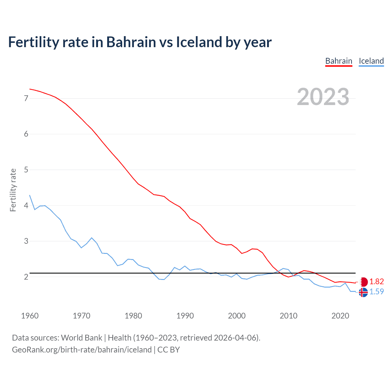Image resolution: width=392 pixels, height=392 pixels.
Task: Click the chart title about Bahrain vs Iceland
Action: (140, 42)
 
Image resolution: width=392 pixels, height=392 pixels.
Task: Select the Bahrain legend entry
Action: (339, 61)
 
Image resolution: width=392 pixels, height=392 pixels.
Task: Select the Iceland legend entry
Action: (371, 61)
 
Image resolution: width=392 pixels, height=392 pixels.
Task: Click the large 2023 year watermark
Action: (323, 97)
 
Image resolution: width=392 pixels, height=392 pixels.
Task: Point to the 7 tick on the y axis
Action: (26, 98)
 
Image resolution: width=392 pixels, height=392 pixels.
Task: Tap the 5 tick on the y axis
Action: (26, 170)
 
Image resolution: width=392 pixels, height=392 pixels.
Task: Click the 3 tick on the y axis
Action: (26, 241)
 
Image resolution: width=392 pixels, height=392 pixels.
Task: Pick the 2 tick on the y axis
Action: (26, 277)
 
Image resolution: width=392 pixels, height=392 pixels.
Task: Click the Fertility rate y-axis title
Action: (13, 190)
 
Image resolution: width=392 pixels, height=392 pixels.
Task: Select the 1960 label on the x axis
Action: (30, 316)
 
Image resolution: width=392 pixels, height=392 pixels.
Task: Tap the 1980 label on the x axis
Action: (133, 316)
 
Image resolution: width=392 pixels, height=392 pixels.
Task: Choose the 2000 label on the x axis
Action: (237, 316)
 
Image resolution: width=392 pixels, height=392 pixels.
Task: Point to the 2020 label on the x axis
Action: (340, 316)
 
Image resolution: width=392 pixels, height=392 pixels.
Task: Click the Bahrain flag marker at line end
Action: (364, 282)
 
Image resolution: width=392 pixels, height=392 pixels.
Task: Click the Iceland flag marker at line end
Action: (363, 292)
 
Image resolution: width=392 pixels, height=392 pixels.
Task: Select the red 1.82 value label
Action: (376, 282)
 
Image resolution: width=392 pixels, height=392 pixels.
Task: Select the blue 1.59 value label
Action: (376, 292)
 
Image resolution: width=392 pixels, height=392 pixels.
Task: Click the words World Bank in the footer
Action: (81, 338)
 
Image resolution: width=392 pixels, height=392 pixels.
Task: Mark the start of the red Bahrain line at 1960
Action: (30, 89)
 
